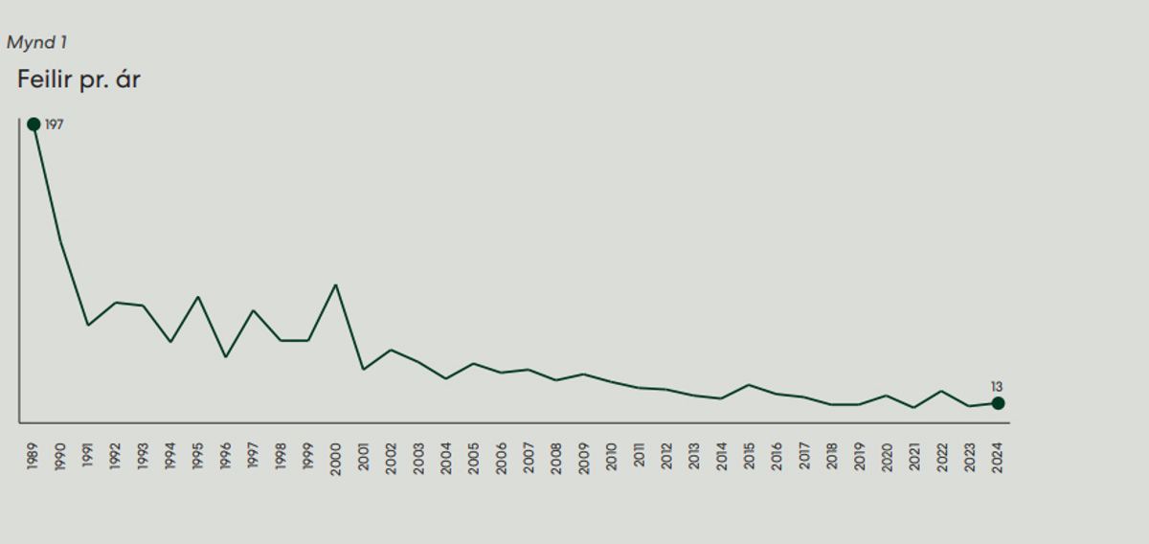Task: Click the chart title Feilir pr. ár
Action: (x=79, y=79)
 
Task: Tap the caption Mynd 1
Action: (x=36, y=43)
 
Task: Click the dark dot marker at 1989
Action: (x=34, y=124)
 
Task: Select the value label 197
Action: (x=54, y=125)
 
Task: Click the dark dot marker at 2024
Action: (x=998, y=403)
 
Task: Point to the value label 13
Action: (x=997, y=386)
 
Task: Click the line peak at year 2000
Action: (x=335, y=284)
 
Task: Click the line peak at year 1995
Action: (x=198, y=297)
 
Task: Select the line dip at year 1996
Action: (x=226, y=357)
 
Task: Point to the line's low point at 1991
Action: (x=88, y=326)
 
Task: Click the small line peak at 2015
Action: (x=749, y=385)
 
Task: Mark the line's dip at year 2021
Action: (x=914, y=408)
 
